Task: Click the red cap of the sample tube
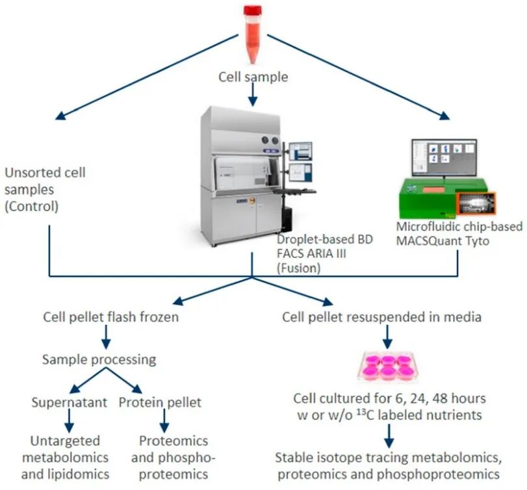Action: [252, 10]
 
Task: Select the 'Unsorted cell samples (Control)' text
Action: [45, 188]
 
